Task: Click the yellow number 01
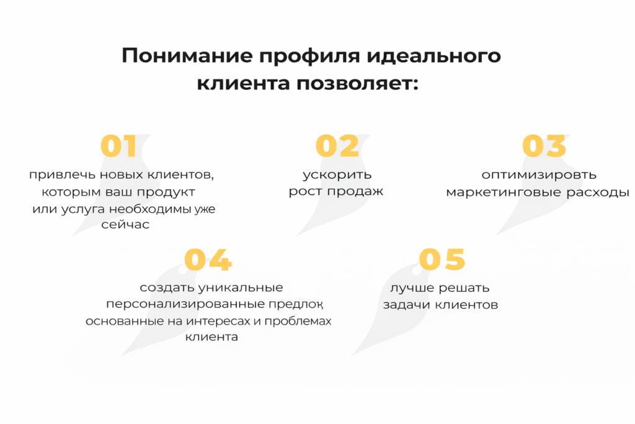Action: [x=118, y=147]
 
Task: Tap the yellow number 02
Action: [x=337, y=147]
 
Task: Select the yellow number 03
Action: [x=544, y=147]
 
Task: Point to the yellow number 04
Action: [x=208, y=260]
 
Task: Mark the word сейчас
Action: [x=126, y=225]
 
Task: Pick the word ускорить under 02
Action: [x=337, y=174]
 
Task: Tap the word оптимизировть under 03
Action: [x=539, y=174]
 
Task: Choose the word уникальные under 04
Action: [x=241, y=287]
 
